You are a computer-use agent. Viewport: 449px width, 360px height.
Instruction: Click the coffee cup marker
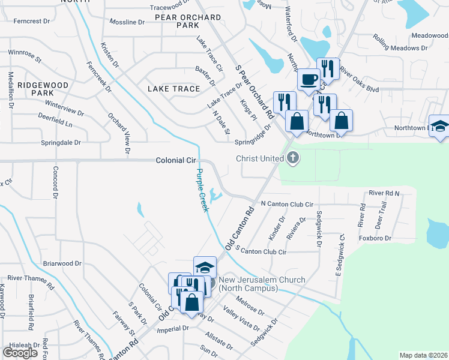(309, 79)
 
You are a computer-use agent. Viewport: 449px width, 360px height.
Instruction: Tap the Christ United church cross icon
(293, 158)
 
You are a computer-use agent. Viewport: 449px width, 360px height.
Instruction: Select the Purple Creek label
(202, 190)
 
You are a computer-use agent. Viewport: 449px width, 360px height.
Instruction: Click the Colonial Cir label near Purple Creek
(176, 161)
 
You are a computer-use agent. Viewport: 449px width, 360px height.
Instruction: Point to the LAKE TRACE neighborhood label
(173, 89)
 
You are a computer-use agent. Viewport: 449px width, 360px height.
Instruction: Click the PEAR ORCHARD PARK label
(187, 22)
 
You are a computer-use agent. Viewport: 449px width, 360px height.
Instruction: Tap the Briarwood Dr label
(62, 263)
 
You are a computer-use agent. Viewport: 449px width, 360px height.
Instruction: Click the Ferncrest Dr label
(31, 21)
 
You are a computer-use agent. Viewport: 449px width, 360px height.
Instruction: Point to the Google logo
(20, 353)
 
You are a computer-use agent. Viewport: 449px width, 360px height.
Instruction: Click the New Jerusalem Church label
(262, 284)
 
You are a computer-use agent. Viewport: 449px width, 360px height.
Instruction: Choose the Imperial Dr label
(172, 328)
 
